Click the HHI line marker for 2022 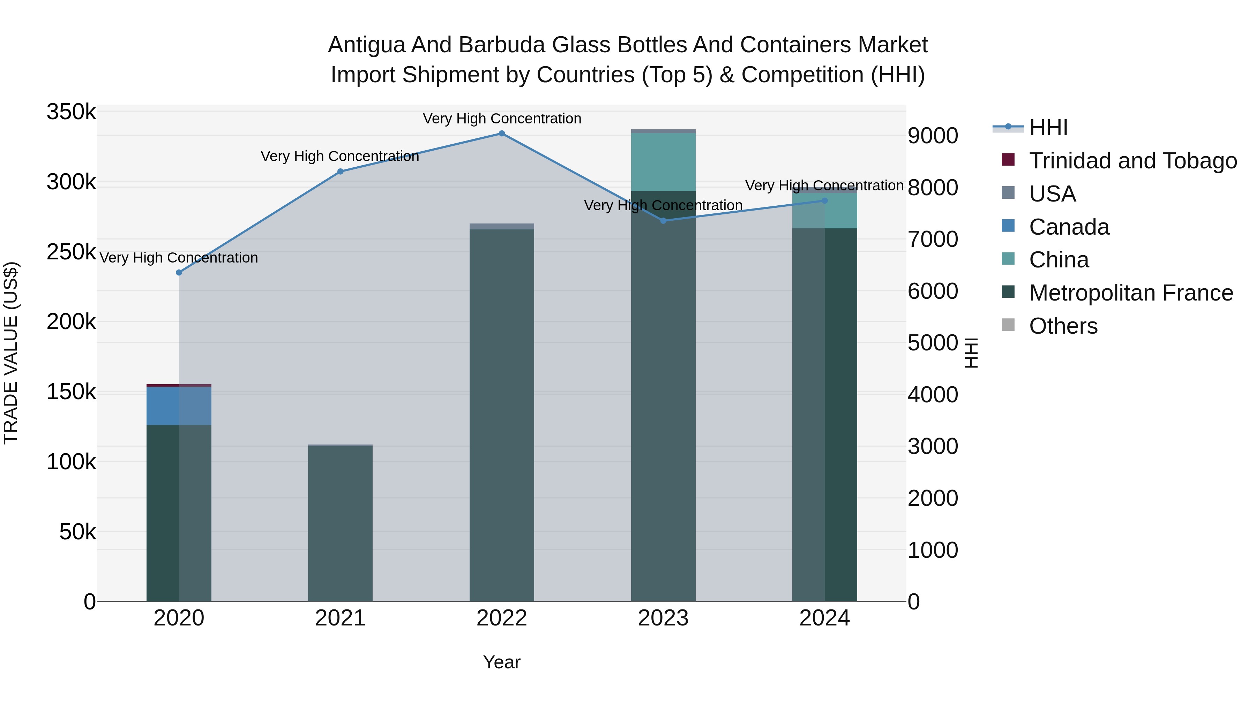[x=502, y=134]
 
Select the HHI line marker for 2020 [x=179, y=272]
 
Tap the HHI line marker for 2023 [x=663, y=221]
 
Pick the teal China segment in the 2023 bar [x=663, y=162]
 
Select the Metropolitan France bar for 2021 [x=340, y=524]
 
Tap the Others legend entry [x=1063, y=326]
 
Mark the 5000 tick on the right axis [x=933, y=342]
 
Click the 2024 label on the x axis [x=824, y=618]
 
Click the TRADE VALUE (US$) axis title [x=11, y=353]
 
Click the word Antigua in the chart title [x=366, y=45]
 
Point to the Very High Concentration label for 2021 [x=340, y=157]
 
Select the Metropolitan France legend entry [x=1131, y=293]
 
